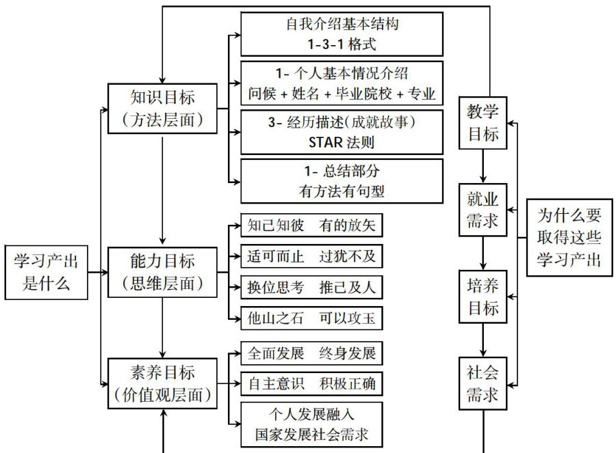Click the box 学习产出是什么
[x=47, y=271]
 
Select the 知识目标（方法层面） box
[x=162, y=107]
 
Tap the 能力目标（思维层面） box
[x=162, y=272]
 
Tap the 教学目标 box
[x=483, y=123]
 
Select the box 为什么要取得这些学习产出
[x=569, y=238]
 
